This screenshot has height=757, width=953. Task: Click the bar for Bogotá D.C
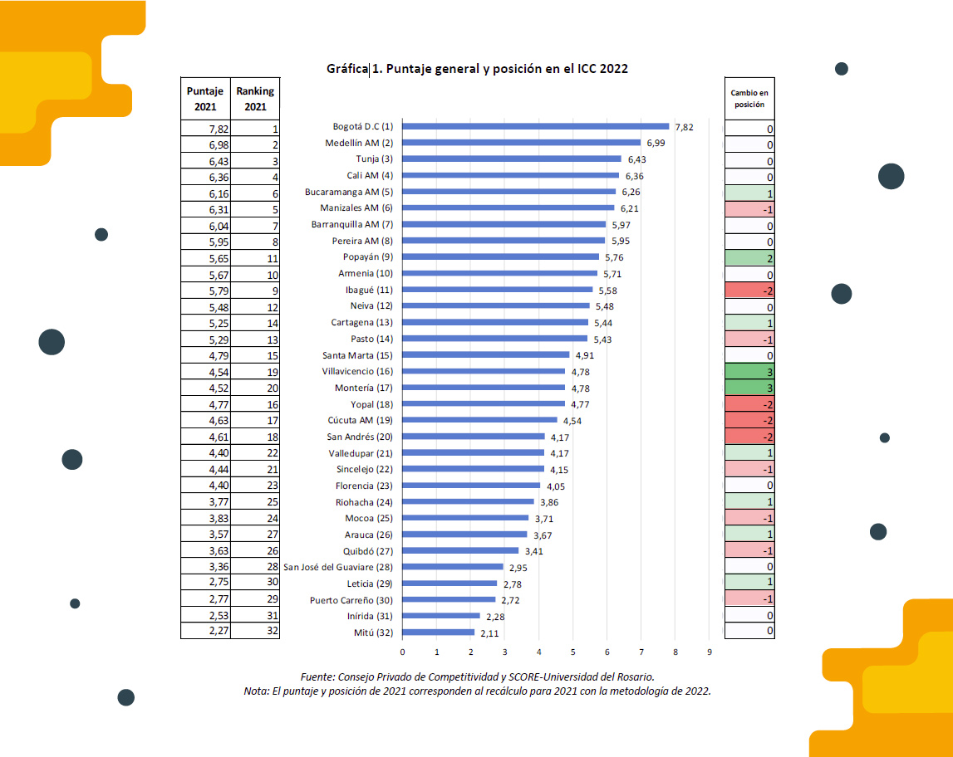tap(536, 127)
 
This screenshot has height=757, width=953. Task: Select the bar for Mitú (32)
tap(439, 632)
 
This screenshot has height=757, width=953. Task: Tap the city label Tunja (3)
tap(375, 159)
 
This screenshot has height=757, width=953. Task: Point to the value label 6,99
tap(656, 144)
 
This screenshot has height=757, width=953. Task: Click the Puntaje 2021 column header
tap(205, 99)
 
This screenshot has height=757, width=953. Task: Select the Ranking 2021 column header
tap(255, 99)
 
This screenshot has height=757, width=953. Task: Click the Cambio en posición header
tap(749, 99)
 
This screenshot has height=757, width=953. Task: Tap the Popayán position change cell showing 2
tap(749, 258)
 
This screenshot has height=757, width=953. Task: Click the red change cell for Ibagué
tap(749, 291)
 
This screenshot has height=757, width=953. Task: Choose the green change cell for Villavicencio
tap(749, 372)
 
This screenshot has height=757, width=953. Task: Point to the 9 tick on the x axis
tap(710, 652)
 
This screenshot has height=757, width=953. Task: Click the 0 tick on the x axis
tap(403, 652)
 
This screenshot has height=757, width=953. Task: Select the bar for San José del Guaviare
tap(453, 567)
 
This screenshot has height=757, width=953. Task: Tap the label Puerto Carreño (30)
tap(351, 600)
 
